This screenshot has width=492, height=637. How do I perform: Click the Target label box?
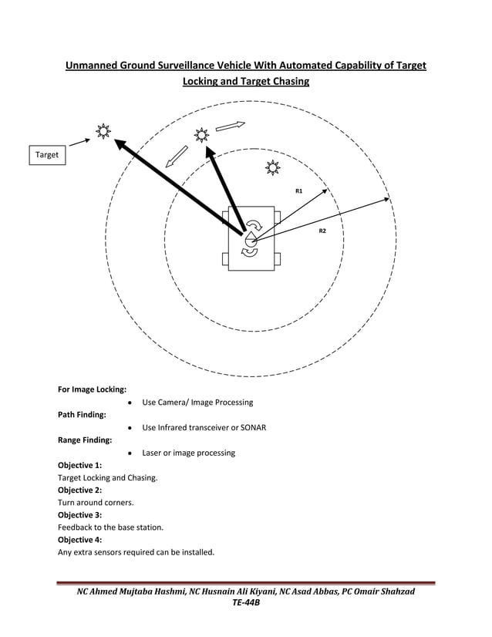tap(47, 155)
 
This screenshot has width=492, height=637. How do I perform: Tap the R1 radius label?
tap(299, 190)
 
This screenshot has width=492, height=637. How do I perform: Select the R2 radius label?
tap(323, 231)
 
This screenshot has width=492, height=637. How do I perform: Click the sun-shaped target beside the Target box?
tap(102, 131)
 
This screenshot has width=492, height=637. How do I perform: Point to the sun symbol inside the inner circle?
tap(272, 167)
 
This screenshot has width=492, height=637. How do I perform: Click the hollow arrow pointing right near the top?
tap(230, 125)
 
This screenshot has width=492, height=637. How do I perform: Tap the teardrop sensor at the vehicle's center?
tap(250, 240)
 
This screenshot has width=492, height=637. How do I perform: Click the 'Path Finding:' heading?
tap(83, 415)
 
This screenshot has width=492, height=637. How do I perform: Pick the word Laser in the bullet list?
tap(153, 453)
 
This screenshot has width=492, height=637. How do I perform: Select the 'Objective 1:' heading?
tap(79, 465)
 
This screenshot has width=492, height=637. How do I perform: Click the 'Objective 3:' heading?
tap(79, 515)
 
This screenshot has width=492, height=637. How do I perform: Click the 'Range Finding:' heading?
tap(85, 440)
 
